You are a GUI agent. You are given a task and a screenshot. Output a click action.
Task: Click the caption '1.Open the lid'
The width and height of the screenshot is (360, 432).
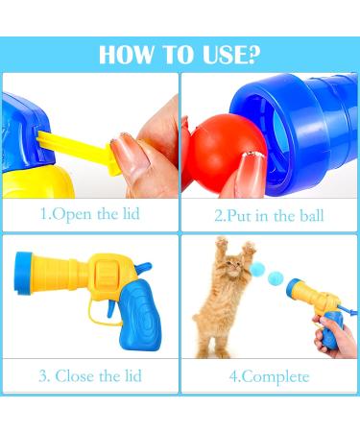coord(90,214)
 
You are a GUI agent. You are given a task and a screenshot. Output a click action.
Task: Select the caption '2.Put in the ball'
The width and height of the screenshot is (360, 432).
coord(270,214)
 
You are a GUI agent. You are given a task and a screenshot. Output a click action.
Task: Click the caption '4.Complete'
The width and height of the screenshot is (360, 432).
coord(270,376)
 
